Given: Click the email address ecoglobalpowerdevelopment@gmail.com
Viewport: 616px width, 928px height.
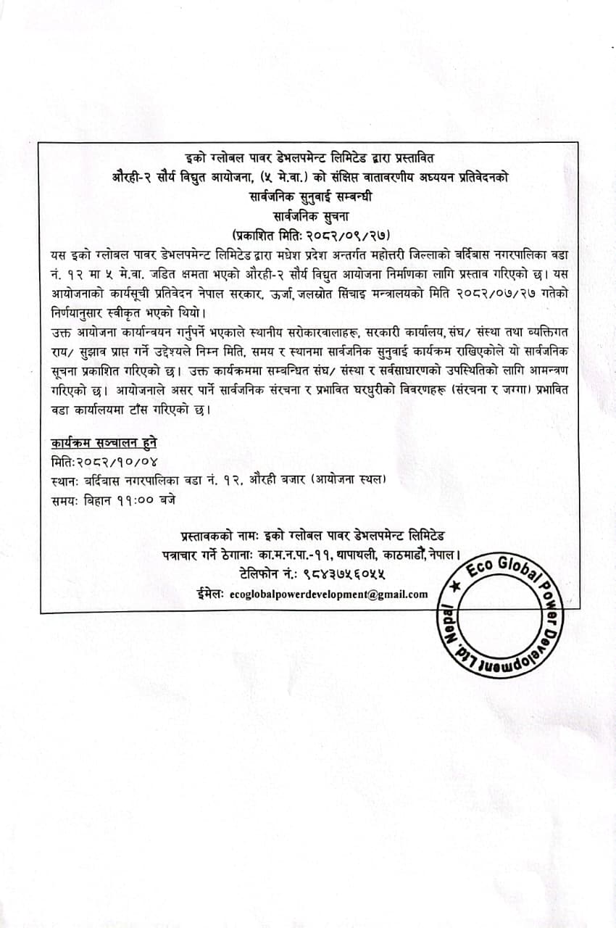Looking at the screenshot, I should click(x=328, y=594).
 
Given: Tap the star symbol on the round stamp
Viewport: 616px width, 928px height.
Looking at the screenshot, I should click(x=454, y=584).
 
